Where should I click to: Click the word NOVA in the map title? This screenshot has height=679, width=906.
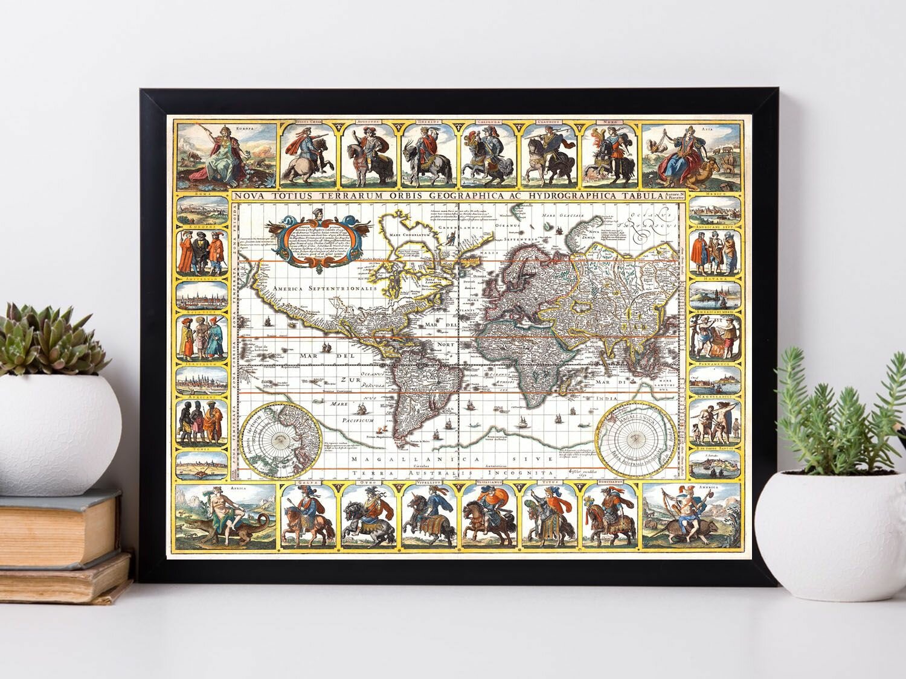tap(249, 196)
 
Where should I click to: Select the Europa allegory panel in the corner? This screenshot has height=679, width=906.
tap(225, 154)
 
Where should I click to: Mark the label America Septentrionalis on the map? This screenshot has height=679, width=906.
tap(324, 289)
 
